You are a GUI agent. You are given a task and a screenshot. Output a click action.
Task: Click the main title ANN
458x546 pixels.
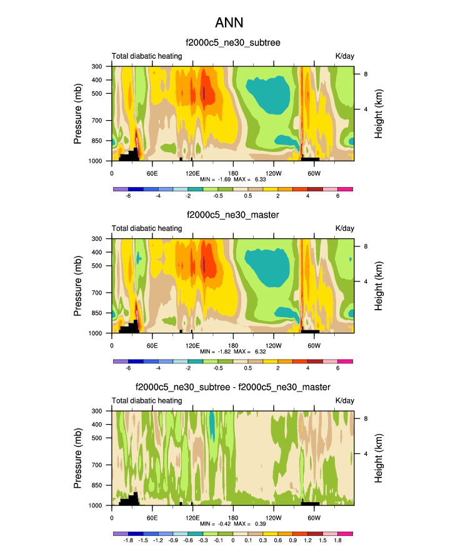click(229, 23)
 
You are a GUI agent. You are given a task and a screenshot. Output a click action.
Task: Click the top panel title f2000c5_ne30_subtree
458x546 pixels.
click(233, 43)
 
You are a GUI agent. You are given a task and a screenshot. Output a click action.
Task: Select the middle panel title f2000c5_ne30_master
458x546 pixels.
click(233, 215)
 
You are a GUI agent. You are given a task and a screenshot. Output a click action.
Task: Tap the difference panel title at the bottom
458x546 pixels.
click(233, 387)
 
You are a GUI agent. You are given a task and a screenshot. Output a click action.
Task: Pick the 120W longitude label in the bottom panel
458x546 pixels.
click(273, 517)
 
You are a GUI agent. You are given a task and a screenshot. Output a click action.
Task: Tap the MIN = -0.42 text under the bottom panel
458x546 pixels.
click(214, 523)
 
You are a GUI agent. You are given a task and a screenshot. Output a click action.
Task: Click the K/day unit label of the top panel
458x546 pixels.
click(344, 56)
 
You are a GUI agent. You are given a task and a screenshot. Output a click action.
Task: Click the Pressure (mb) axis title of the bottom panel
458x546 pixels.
click(78, 458)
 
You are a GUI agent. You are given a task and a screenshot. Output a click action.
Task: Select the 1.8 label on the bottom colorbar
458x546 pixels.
click(337, 540)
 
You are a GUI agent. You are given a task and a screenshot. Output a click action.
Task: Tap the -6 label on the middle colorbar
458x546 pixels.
click(128, 368)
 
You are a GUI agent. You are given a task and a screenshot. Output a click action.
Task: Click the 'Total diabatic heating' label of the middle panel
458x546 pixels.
click(147, 228)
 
